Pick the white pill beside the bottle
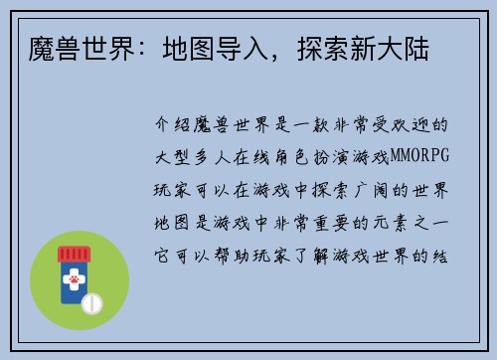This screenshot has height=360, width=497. [91, 300]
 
